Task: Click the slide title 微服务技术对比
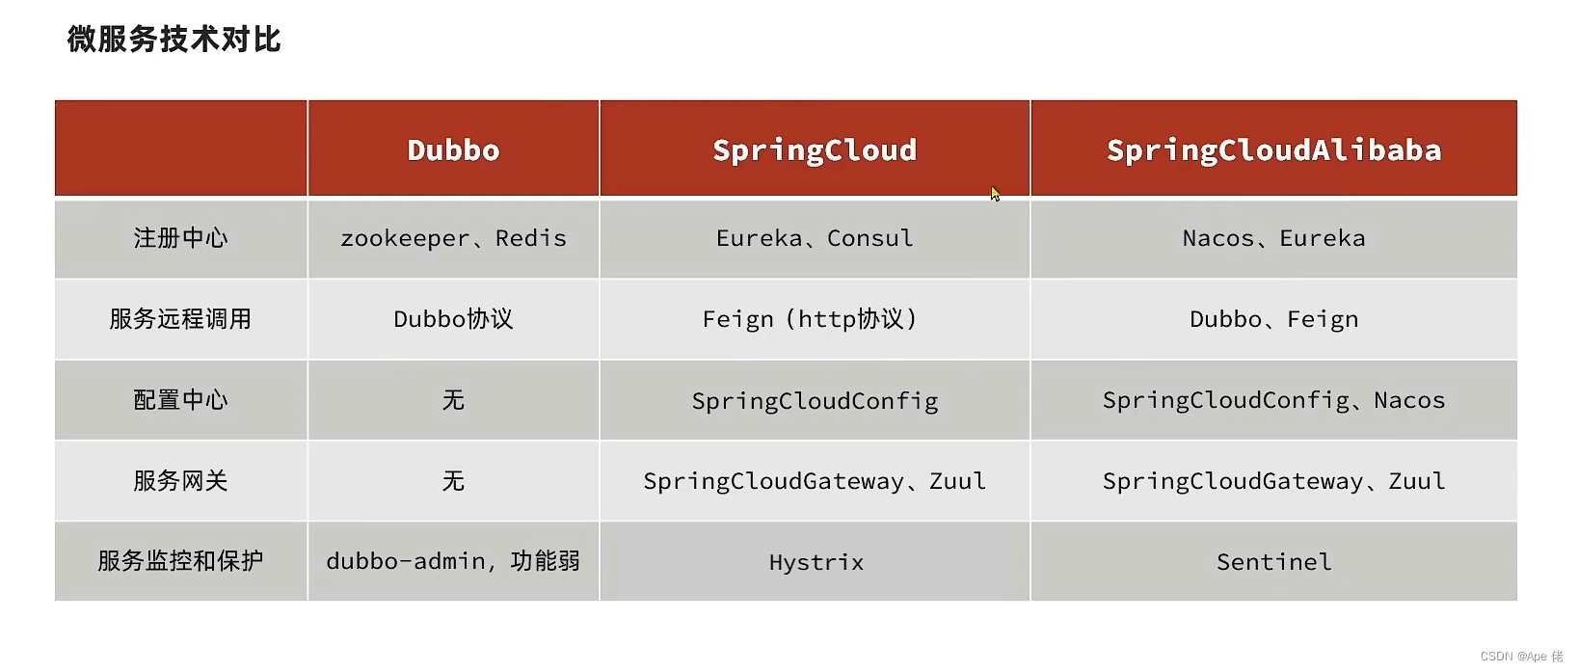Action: coord(174,40)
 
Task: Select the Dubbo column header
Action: coord(453,150)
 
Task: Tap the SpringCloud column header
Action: coord(815,150)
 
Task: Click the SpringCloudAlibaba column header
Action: coord(1273,150)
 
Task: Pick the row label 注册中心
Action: coord(181,238)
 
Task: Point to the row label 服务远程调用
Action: coord(181,319)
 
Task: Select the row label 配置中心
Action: coord(181,400)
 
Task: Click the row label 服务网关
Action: coord(181,481)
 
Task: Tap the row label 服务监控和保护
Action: coord(181,561)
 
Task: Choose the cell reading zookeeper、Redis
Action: coord(453,238)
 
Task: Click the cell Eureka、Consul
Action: coord(815,238)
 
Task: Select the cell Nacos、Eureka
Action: coord(1273,238)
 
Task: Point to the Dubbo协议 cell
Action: coord(453,319)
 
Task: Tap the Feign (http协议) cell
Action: coord(810,319)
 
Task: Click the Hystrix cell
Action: coord(816,562)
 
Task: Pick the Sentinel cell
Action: coord(1273,562)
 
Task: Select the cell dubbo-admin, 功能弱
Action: coord(453,561)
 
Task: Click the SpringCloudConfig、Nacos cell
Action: coord(1273,400)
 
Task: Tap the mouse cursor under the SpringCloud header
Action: coord(995,193)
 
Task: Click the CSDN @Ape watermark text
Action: coord(1521,657)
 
